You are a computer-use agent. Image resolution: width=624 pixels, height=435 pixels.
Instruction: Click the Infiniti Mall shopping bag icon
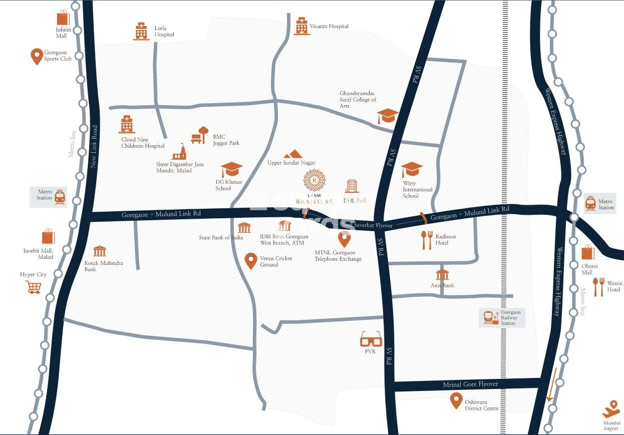point(63,18)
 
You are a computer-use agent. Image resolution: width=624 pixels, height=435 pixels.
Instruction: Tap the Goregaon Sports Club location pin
point(37,56)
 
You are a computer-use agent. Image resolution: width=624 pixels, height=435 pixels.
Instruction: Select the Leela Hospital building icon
point(141,31)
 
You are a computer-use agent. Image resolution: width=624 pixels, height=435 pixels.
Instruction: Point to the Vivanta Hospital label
point(329,26)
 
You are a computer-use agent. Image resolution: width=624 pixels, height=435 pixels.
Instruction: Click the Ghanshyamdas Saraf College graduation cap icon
point(388,116)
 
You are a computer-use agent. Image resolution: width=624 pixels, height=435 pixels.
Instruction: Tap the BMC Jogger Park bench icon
point(199,135)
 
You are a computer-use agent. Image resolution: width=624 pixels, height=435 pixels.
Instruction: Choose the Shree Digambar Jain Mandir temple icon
point(179,151)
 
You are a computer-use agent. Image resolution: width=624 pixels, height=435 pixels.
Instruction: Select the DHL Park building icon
point(352,186)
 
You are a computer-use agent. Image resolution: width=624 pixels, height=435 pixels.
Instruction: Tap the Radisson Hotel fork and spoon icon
point(427,240)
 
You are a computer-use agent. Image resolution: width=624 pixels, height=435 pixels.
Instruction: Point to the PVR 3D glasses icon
point(371,340)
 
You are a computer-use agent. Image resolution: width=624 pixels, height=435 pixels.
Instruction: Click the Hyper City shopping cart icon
point(34,287)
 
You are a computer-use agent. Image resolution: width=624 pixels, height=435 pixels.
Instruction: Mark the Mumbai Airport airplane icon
point(611,409)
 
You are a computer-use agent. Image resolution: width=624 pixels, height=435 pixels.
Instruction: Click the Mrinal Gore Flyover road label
point(470,384)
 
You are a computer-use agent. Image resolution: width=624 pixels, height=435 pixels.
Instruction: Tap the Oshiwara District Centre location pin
point(456,400)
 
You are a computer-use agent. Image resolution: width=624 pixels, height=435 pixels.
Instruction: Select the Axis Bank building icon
point(442,275)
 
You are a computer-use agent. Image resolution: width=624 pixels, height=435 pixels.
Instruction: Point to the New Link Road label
point(94,146)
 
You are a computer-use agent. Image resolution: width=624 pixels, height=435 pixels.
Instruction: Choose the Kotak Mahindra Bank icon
point(100,251)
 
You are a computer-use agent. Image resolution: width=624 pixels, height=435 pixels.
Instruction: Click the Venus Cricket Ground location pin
point(251,261)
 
